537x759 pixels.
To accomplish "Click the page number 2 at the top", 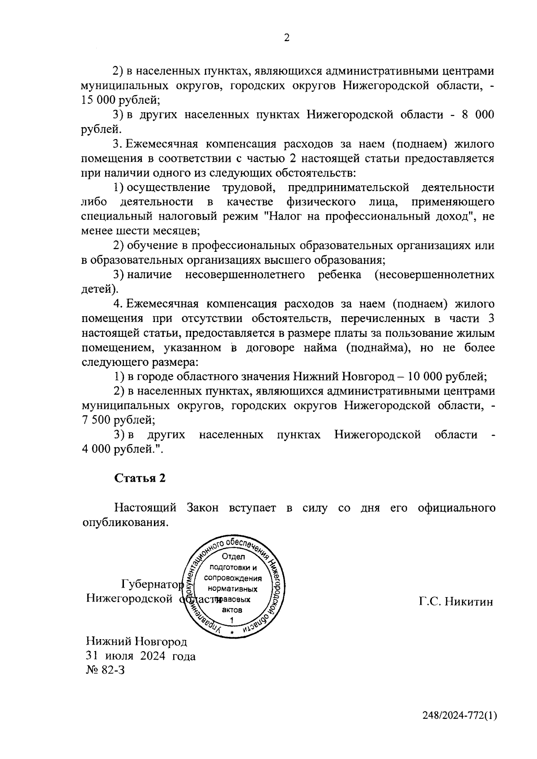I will (287, 38).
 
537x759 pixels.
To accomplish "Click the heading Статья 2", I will (140, 478).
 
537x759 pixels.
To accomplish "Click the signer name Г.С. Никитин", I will (456, 602).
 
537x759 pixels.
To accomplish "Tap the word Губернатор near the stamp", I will (152, 585).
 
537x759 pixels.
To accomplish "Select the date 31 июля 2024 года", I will (141, 657).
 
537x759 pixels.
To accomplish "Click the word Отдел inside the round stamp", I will (234, 557).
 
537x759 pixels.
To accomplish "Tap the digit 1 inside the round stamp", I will (232, 620).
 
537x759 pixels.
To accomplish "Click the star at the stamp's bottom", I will (232, 633).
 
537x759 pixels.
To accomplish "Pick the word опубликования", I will (125, 523).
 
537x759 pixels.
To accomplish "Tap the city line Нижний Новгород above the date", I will (136, 642).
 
